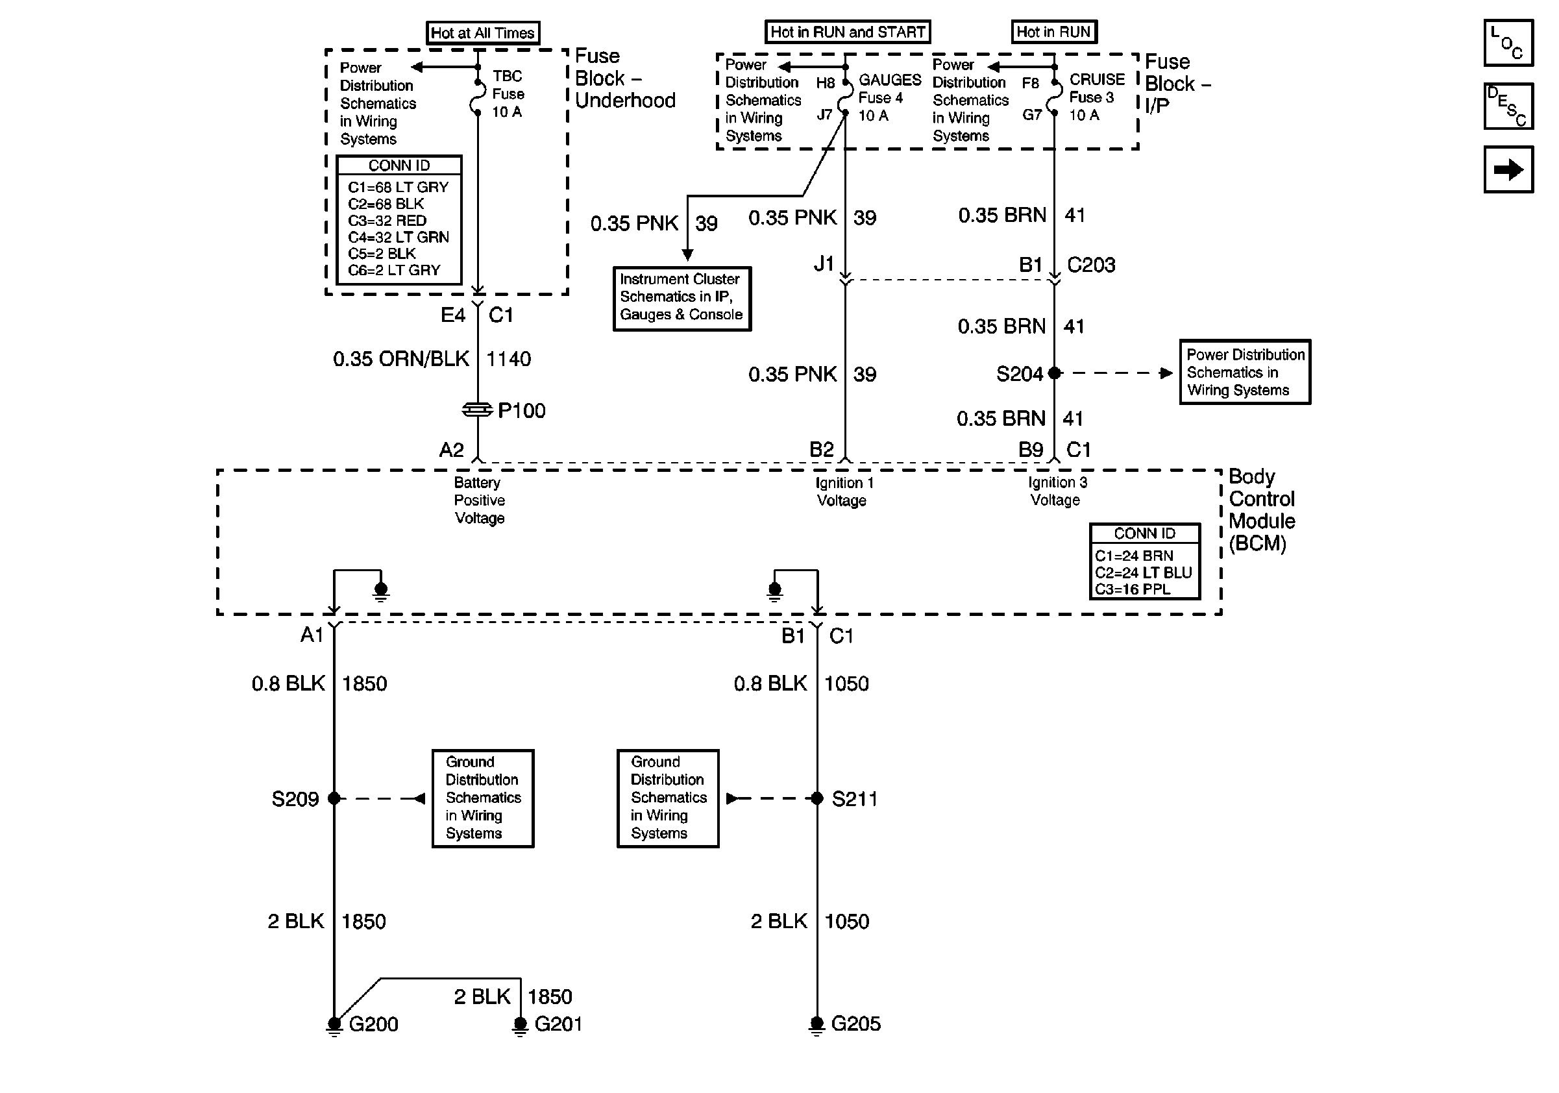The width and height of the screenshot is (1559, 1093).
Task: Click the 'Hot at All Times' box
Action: pos(482,32)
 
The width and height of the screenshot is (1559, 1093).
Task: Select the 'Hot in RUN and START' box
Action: pos(847,32)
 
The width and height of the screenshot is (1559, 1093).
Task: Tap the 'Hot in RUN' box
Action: pos(1053,32)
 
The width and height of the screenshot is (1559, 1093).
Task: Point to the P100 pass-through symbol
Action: pos(477,410)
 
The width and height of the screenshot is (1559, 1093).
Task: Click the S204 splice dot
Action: pos(1054,373)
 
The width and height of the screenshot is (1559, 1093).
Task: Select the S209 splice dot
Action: pos(334,798)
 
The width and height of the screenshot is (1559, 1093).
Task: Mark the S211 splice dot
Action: pos(817,798)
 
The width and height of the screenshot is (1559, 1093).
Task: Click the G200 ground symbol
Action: pos(334,1024)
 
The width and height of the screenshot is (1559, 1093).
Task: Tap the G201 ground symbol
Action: pos(520,1024)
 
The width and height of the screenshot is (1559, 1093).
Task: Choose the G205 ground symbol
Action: pos(817,1024)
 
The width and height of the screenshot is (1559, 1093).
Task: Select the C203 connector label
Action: pos(1090,265)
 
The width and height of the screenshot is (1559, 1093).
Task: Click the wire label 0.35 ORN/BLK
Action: pos(400,358)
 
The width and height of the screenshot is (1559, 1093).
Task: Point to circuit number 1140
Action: pos(508,358)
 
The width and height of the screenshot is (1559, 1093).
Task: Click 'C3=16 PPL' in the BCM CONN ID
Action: pos(1132,589)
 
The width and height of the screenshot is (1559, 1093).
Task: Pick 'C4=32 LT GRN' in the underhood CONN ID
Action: pos(398,237)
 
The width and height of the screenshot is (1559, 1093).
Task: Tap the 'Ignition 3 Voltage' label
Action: pos(1057,491)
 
